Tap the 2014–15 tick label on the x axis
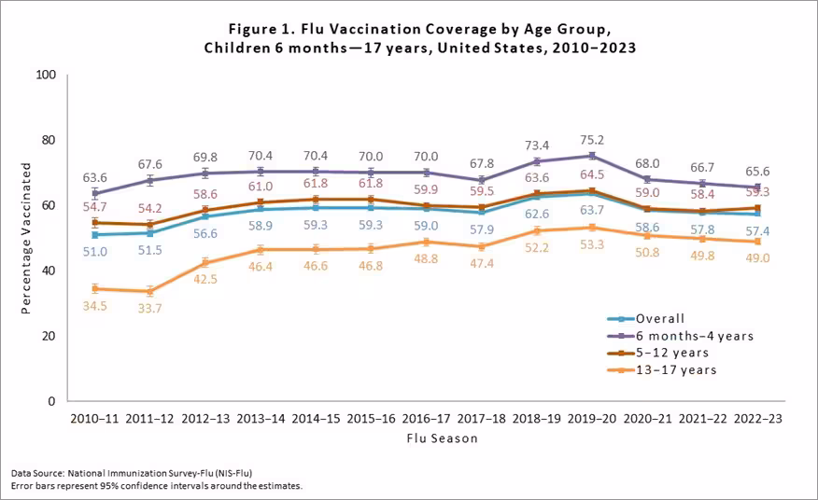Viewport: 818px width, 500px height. click(x=318, y=419)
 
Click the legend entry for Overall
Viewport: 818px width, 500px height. click(x=659, y=318)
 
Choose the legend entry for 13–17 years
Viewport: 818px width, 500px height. click(x=677, y=370)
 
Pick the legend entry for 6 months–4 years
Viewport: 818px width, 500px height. click(x=692, y=336)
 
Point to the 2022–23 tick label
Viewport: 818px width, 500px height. click(x=756, y=419)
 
